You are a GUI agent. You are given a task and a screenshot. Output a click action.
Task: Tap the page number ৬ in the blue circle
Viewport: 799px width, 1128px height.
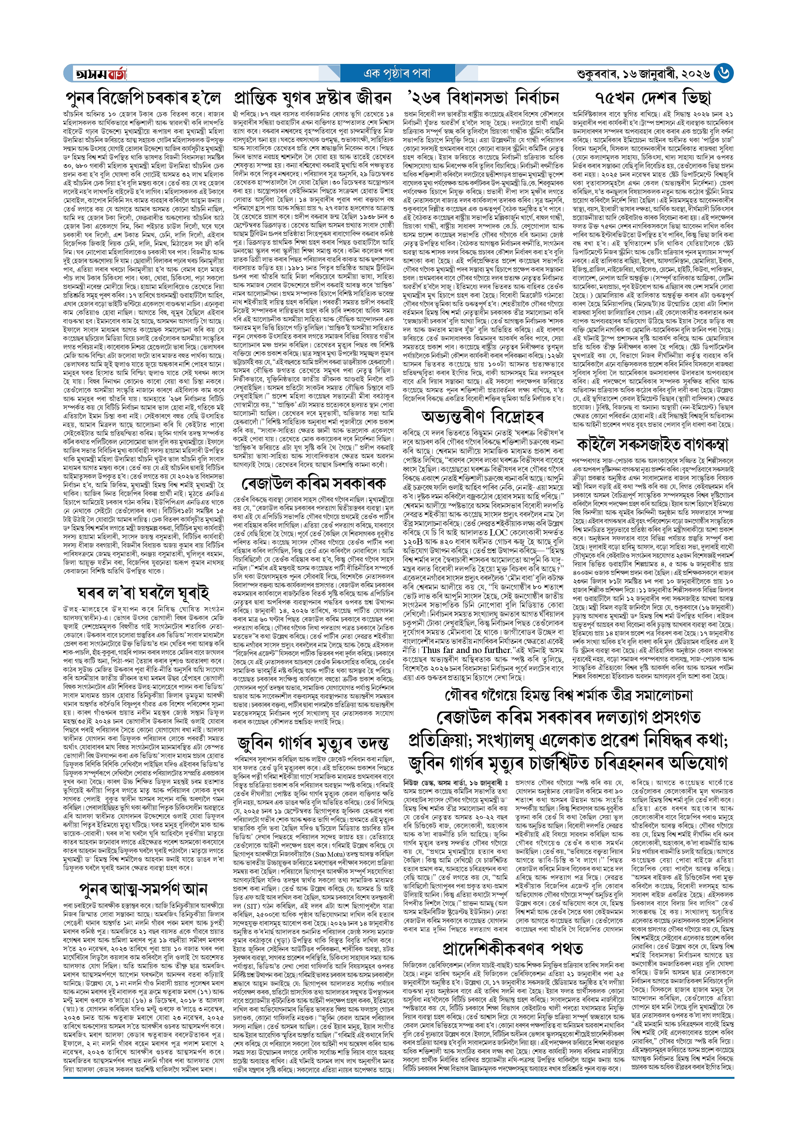pyautogui.click(x=723, y=73)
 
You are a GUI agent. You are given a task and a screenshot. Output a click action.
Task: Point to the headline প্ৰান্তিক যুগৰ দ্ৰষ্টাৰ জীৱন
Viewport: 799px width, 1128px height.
pyautogui.click(x=313, y=98)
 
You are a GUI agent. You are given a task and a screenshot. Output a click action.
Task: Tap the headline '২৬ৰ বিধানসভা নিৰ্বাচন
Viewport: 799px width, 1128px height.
pyautogui.click(x=483, y=98)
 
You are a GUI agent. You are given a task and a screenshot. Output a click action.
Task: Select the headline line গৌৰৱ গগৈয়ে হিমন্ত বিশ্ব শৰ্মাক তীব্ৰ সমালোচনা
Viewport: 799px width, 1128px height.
pyautogui.click(x=568, y=695)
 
